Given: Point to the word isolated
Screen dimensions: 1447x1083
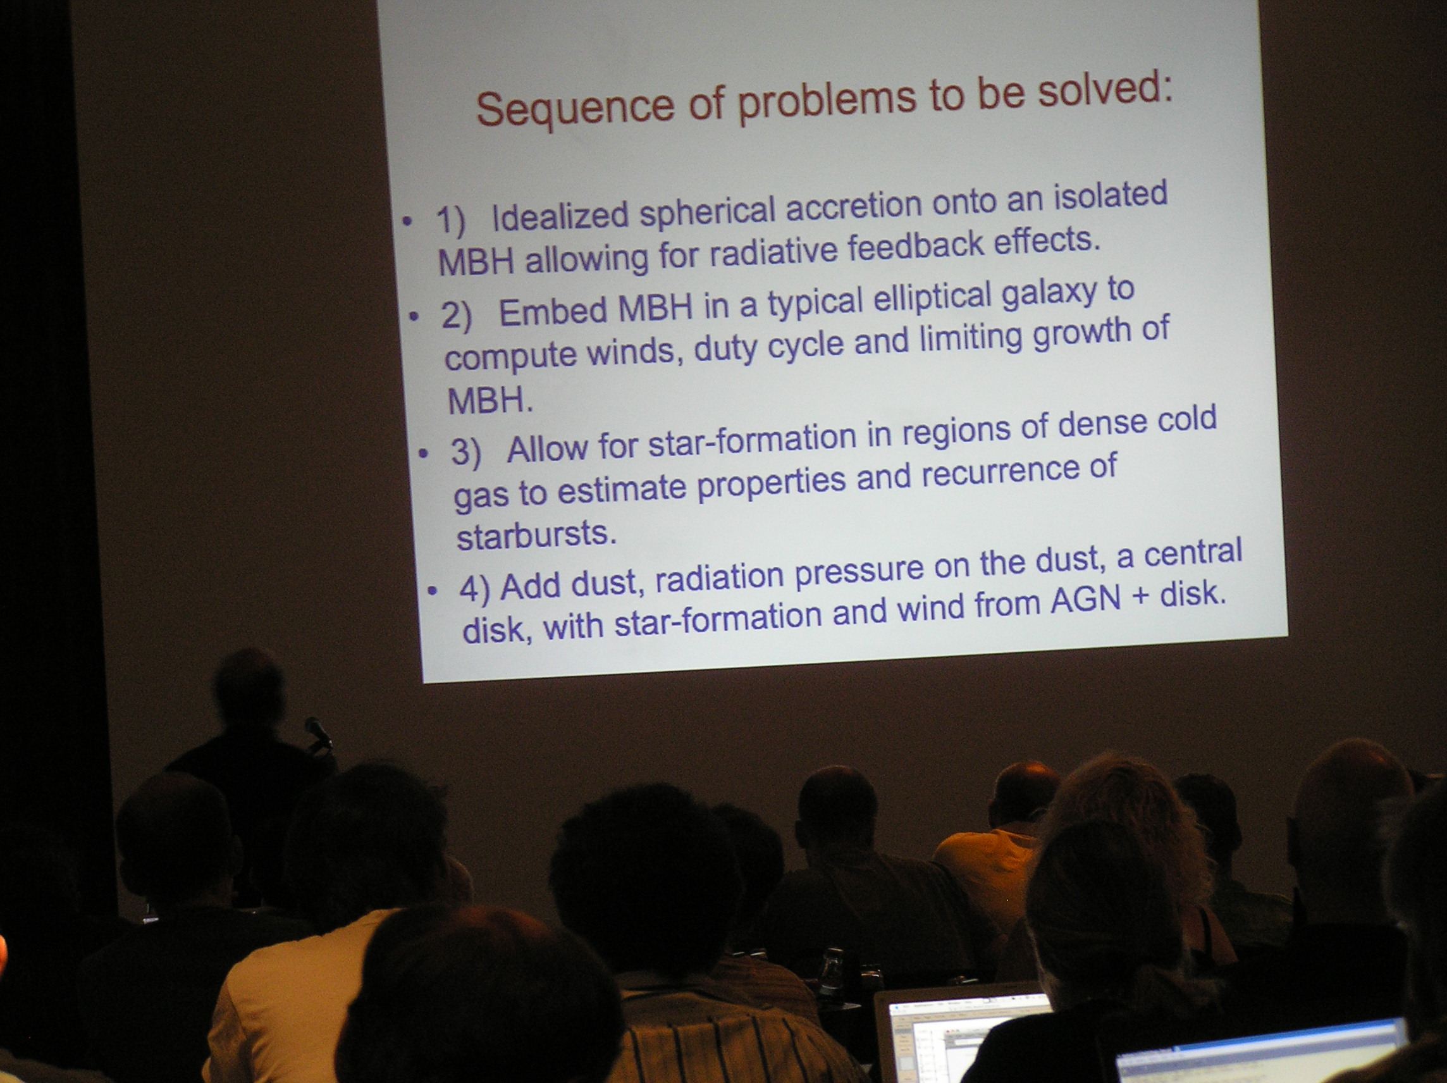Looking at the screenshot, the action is pyautogui.click(x=1110, y=197).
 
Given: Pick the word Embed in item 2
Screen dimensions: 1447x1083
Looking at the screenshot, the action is pyautogui.click(x=553, y=311).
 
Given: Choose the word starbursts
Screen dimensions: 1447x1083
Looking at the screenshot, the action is pyautogui.click(x=536, y=535).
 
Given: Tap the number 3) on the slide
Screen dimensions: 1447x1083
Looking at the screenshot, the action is pyautogui.click(x=465, y=452).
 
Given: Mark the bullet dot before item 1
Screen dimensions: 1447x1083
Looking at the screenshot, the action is pyautogui.click(x=407, y=222).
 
